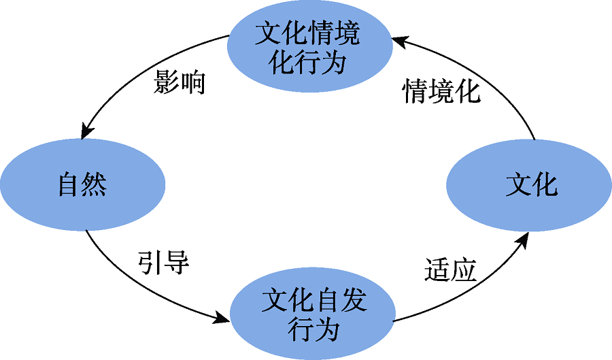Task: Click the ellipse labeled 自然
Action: pyautogui.click(x=83, y=184)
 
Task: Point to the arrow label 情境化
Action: pyautogui.click(x=441, y=91)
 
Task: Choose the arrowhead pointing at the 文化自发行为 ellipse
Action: pyautogui.click(x=222, y=317)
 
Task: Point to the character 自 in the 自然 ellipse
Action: pyautogui.click(x=70, y=184)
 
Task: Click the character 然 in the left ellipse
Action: pyautogui.click(x=95, y=184)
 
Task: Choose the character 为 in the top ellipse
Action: pyautogui.click(x=333, y=63)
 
